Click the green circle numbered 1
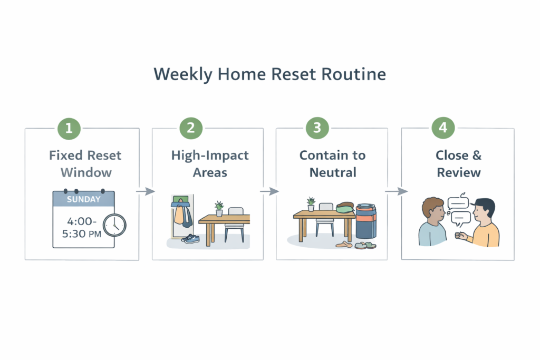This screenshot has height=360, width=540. [69, 129]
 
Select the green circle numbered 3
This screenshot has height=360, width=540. [317, 129]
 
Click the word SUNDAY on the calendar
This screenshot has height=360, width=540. [83, 200]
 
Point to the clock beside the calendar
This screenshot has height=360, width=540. [114, 225]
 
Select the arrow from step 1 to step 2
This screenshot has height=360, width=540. [146, 191]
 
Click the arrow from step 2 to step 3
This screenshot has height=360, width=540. [269, 191]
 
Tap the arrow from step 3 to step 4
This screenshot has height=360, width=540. [396, 191]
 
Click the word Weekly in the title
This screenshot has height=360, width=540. [178, 74]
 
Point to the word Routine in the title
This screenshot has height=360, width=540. [357, 74]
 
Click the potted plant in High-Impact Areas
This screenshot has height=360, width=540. [219, 208]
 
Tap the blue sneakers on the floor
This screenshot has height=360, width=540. [191, 239]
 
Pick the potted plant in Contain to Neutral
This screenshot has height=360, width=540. [311, 203]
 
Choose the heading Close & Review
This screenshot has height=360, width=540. [458, 163]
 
